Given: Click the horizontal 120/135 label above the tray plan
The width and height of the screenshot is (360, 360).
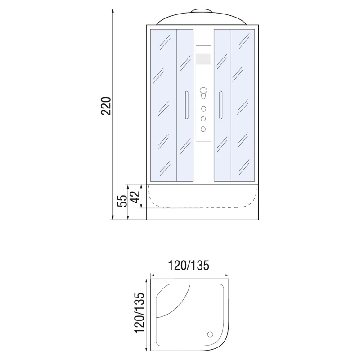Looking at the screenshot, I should (189, 265).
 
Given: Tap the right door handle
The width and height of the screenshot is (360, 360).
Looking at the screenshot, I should (221, 105).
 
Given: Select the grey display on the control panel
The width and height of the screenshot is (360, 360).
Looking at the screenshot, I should (203, 59).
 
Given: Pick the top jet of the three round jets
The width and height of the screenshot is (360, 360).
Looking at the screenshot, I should (203, 109).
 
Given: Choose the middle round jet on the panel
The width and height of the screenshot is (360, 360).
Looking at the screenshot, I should (203, 119).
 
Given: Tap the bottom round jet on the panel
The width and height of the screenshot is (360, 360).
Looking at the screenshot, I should (203, 129).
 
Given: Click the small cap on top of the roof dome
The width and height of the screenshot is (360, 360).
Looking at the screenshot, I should (202, 11).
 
